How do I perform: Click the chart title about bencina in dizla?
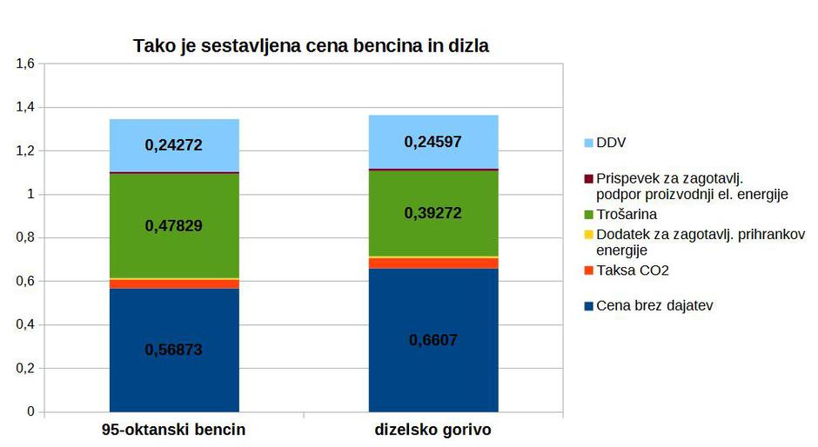tap(311, 46)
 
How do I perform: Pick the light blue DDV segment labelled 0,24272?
tap(174, 145)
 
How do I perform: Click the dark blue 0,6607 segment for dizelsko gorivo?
tap(433, 340)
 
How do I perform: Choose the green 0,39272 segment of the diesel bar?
tap(433, 213)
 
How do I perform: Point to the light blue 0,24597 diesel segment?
tap(433, 141)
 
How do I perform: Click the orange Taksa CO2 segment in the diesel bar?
tap(433, 264)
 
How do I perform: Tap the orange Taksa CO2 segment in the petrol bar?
tap(174, 284)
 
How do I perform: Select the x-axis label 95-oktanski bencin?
tap(174, 430)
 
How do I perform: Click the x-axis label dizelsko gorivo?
tap(433, 430)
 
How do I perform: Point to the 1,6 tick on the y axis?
tap(24, 63)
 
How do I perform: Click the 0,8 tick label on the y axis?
tap(24, 237)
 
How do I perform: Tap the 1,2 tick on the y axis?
tap(24, 150)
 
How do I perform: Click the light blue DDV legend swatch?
tap(588, 143)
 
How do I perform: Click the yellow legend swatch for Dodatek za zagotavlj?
tap(588, 235)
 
